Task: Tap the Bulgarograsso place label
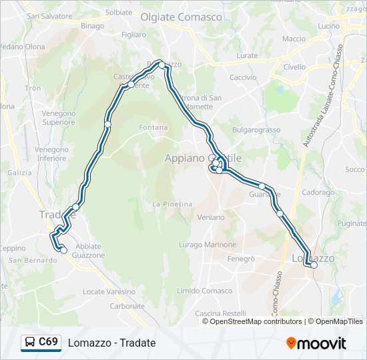pos(256,129)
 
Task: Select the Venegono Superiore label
pos(59,118)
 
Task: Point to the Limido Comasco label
pos(205,291)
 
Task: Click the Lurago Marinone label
pos(208,245)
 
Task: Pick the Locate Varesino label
pos(109,291)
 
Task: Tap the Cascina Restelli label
pos(220,313)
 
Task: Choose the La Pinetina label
pos(172,204)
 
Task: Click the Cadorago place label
pos(318,192)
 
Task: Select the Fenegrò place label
pos(241,258)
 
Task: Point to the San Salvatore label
pos(49,15)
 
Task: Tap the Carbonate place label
pos(127,306)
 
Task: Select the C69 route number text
pos(48,342)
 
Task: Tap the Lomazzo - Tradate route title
pos(111,343)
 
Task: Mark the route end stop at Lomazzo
pos(314,265)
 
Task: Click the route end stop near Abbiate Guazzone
pos(63,250)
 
